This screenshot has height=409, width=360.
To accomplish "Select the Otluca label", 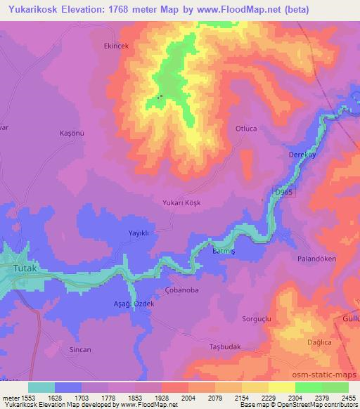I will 247,128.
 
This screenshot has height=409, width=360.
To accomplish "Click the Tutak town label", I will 28,268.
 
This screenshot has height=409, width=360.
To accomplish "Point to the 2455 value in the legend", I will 349,398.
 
